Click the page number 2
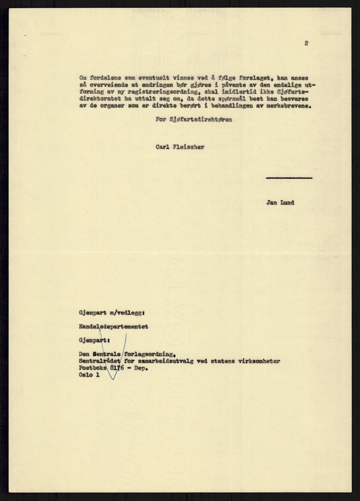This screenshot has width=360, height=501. (x=306, y=43)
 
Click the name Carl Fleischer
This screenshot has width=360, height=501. (x=180, y=147)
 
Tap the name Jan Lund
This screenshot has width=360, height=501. (x=280, y=203)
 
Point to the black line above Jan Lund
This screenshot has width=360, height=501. (x=289, y=178)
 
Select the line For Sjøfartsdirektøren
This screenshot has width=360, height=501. (x=193, y=120)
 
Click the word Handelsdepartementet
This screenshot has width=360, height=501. (x=113, y=327)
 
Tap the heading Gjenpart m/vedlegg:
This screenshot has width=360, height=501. (x=112, y=313)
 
